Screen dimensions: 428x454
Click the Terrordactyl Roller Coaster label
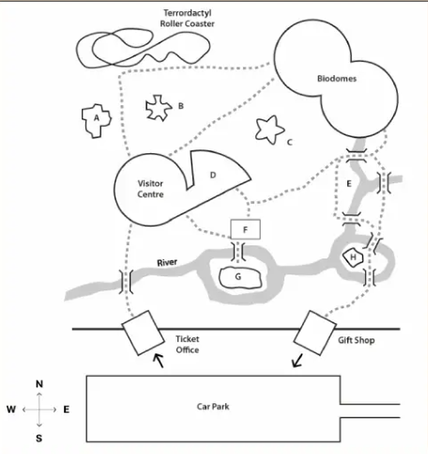pyautogui.click(x=187, y=18)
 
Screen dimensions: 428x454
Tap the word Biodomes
pyautogui.click(x=337, y=78)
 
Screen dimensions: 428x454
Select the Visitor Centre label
pyautogui.click(x=150, y=189)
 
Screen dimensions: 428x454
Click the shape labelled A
pyautogui.click(x=97, y=121)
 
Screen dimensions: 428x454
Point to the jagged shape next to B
pyautogui.click(x=159, y=108)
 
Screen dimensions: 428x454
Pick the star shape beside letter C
pyautogui.click(x=269, y=130)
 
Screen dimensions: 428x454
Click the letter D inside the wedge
pyautogui.click(x=213, y=175)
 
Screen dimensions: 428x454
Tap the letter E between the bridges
pyautogui.click(x=349, y=183)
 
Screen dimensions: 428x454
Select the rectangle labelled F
pyautogui.click(x=245, y=229)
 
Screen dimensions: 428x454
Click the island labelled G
pyautogui.click(x=239, y=277)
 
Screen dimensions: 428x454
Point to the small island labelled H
pyautogui.click(x=353, y=258)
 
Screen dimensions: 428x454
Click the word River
pyautogui.click(x=167, y=262)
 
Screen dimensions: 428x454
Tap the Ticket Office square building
pyautogui.click(x=143, y=333)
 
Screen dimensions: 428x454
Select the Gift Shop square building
pyautogui.click(x=315, y=333)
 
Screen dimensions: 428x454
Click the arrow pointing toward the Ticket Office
pyautogui.click(x=159, y=360)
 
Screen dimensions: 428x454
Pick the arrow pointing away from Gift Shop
pyautogui.click(x=298, y=360)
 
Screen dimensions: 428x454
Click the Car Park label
pyautogui.click(x=213, y=406)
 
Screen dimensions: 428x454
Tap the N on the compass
pyautogui.click(x=39, y=384)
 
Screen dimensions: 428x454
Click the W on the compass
pyautogui.click(x=11, y=409)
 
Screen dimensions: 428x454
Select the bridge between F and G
pyautogui.click(x=238, y=251)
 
